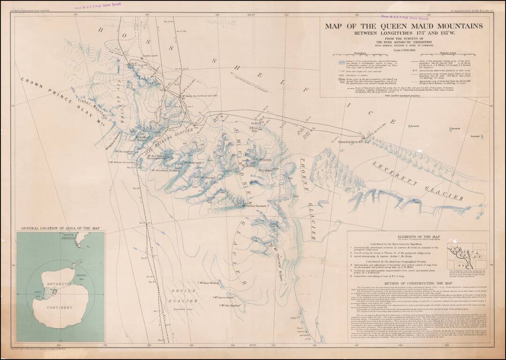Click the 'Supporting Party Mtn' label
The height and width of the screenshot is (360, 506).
(350, 141)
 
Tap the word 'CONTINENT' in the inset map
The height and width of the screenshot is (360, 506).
(60, 307)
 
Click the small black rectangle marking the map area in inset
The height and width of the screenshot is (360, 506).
(55, 292)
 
